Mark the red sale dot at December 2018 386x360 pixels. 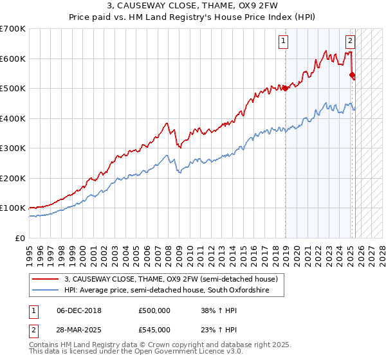point(285,89)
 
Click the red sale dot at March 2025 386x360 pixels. point(352,75)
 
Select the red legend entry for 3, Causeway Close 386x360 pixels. point(170,279)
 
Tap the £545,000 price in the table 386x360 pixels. point(154,330)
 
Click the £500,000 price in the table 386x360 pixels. point(154,310)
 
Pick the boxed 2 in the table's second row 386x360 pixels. point(33,330)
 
